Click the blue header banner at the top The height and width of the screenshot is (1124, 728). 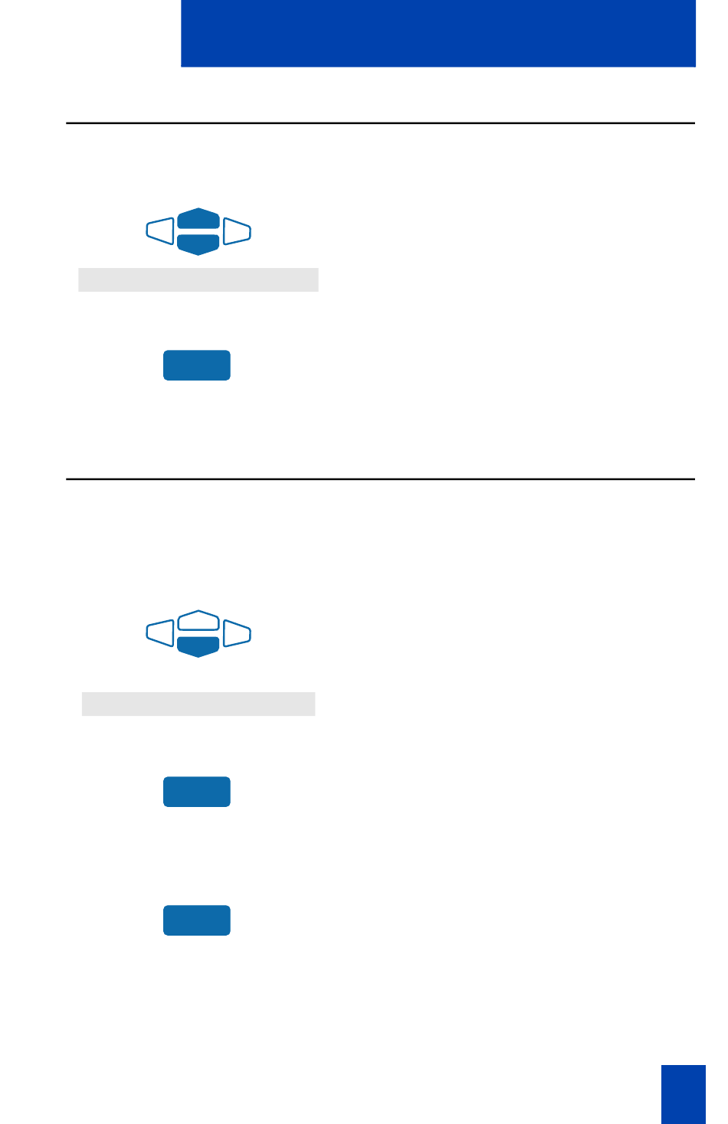(438, 33)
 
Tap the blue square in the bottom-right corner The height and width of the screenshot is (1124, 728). (683, 1093)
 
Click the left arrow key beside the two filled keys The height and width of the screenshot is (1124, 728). (160, 231)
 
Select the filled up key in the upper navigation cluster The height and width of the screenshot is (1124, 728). (198, 219)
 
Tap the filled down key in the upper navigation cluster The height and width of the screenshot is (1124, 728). (198, 243)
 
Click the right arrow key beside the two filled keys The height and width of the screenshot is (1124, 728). (237, 231)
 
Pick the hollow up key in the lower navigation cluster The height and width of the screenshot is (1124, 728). (198, 621)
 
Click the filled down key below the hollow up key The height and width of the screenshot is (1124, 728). (198, 646)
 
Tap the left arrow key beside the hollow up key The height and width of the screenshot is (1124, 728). (160, 633)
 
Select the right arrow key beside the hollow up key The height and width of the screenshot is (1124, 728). (237, 633)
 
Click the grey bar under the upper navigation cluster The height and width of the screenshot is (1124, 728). (198, 279)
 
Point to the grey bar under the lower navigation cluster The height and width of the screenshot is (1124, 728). (198, 704)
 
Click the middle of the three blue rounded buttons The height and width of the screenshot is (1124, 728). (197, 792)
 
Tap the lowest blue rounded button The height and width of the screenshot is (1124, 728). (197, 920)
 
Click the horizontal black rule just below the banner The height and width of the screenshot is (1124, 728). (380, 123)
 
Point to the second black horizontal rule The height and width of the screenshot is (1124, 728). (380, 479)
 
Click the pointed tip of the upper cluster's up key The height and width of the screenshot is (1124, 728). (198, 209)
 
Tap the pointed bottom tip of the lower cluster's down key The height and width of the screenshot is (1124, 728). (198, 656)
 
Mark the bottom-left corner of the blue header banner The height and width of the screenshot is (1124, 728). (182, 66)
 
